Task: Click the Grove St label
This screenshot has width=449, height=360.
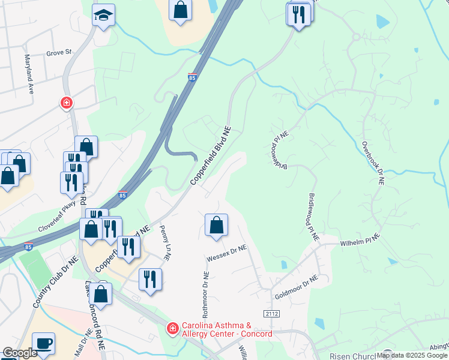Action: (59, 53)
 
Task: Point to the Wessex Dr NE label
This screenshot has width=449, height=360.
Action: (227, 253)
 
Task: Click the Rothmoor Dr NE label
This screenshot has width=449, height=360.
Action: (205, 295)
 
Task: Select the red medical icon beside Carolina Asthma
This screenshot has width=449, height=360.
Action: (172, 328)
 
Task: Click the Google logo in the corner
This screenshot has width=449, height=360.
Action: (20, 353)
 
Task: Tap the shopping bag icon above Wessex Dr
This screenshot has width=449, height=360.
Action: (216, 226)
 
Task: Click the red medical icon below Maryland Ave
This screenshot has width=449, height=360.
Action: (67, 103)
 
